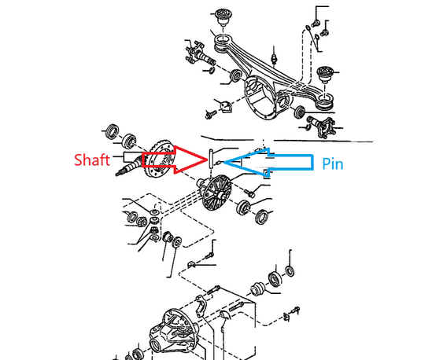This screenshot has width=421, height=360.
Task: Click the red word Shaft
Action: point(92,160)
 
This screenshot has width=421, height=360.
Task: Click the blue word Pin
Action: point(333,163)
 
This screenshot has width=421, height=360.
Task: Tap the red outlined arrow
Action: point(175,160)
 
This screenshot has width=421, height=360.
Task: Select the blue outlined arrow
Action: point(268,162)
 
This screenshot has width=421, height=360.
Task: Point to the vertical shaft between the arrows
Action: point(211,159)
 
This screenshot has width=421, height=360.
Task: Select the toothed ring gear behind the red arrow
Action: point(161,158)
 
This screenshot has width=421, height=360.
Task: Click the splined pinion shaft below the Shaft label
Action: point(129,167)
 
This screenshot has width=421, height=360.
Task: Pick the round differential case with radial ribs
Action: point(216,191)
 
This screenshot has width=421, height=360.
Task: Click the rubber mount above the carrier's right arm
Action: point(326,75)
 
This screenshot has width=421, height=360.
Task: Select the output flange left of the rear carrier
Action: point(198,53)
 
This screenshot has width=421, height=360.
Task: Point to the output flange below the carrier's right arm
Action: point(322,126)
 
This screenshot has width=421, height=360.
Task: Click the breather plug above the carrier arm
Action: point(274,58)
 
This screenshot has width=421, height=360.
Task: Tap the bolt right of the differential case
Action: point(249,193)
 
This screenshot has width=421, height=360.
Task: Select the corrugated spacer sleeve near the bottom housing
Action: point(258,289)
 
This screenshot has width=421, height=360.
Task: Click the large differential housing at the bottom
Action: point(174,332)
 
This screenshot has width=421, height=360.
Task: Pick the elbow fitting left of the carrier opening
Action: point(225,106)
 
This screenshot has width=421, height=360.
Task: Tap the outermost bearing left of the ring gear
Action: point(112,132)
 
